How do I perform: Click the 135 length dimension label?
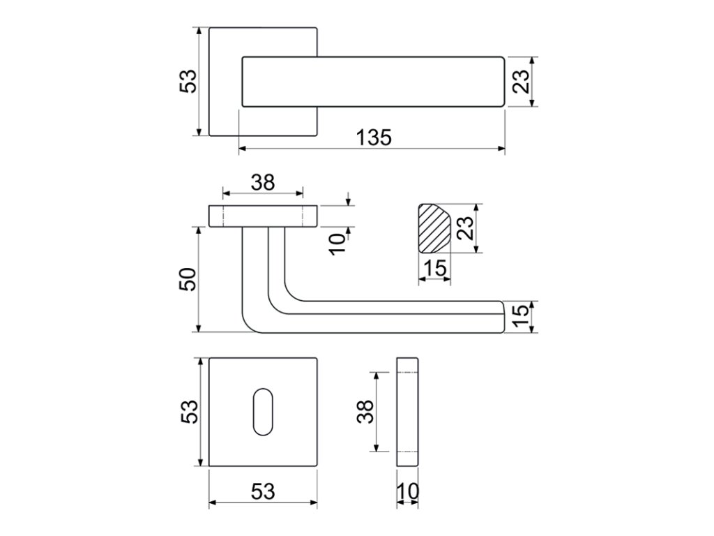(374, 137)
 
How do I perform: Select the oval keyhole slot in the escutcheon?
(264, 412)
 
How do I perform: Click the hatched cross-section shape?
(432, 228)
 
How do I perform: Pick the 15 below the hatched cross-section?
(434, 268)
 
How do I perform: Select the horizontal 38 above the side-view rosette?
(263, 182)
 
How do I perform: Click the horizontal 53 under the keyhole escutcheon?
(263, 491)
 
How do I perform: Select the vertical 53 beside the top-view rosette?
(189, 82)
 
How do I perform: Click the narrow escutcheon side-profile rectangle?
(408, 412)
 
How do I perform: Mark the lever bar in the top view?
(372, 82)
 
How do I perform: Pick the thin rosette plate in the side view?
(264, 216)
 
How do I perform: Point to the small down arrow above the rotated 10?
(348, 200)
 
